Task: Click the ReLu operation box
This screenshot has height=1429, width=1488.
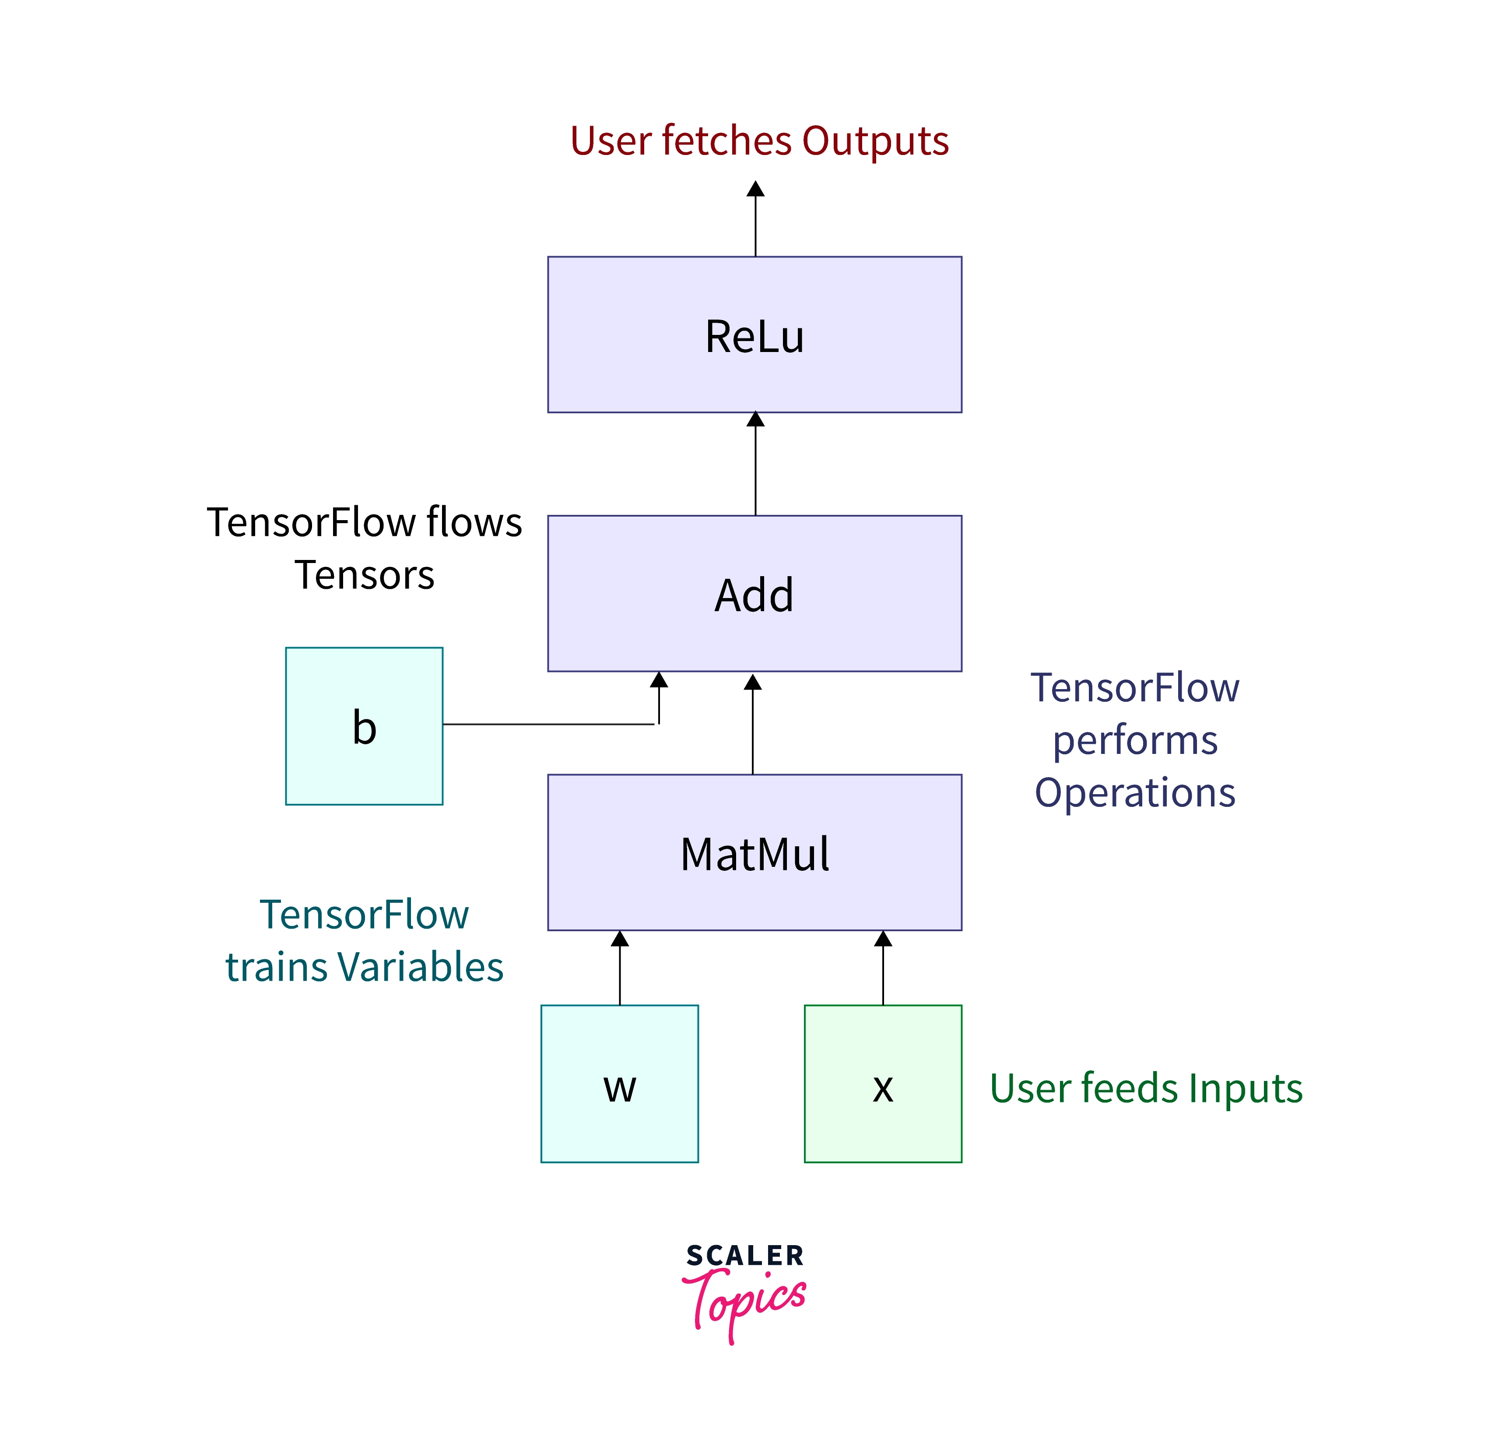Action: point(755,335)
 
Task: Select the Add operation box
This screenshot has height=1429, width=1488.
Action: point(755,593)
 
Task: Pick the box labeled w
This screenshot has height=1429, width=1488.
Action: point(620,1084)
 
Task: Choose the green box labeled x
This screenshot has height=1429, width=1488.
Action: point(883,1084)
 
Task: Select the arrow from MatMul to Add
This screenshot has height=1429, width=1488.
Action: point(752,725)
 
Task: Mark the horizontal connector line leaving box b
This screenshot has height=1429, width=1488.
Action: point(547,725)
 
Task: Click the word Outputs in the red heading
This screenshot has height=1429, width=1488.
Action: point(874,141)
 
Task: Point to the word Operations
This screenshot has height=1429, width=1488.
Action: point(1135,793)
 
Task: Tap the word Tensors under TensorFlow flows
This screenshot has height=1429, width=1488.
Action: point(365,575)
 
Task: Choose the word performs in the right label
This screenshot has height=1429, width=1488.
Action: point(1135,740)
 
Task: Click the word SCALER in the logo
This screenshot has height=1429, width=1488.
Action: point(745,1256)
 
